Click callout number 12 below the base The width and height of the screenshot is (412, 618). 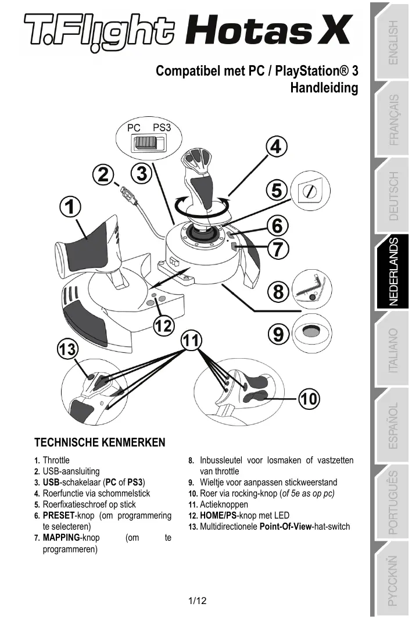pyautogui.click(x=164, y=326)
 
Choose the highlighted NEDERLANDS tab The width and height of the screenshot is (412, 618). pyautogui.click(x=393, y=272)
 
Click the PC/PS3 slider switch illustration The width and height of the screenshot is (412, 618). pyautogui.click(x=146, y=142)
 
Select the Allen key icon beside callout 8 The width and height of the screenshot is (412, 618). pyautogui.click(x=312, y=288)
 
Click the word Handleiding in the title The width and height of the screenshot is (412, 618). pyautogui.click(x=324, y=88)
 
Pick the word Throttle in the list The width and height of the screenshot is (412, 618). pyautogui.click(x=56, y=460)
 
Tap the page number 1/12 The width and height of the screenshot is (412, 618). pyautogui.click(x=198, y=601)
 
